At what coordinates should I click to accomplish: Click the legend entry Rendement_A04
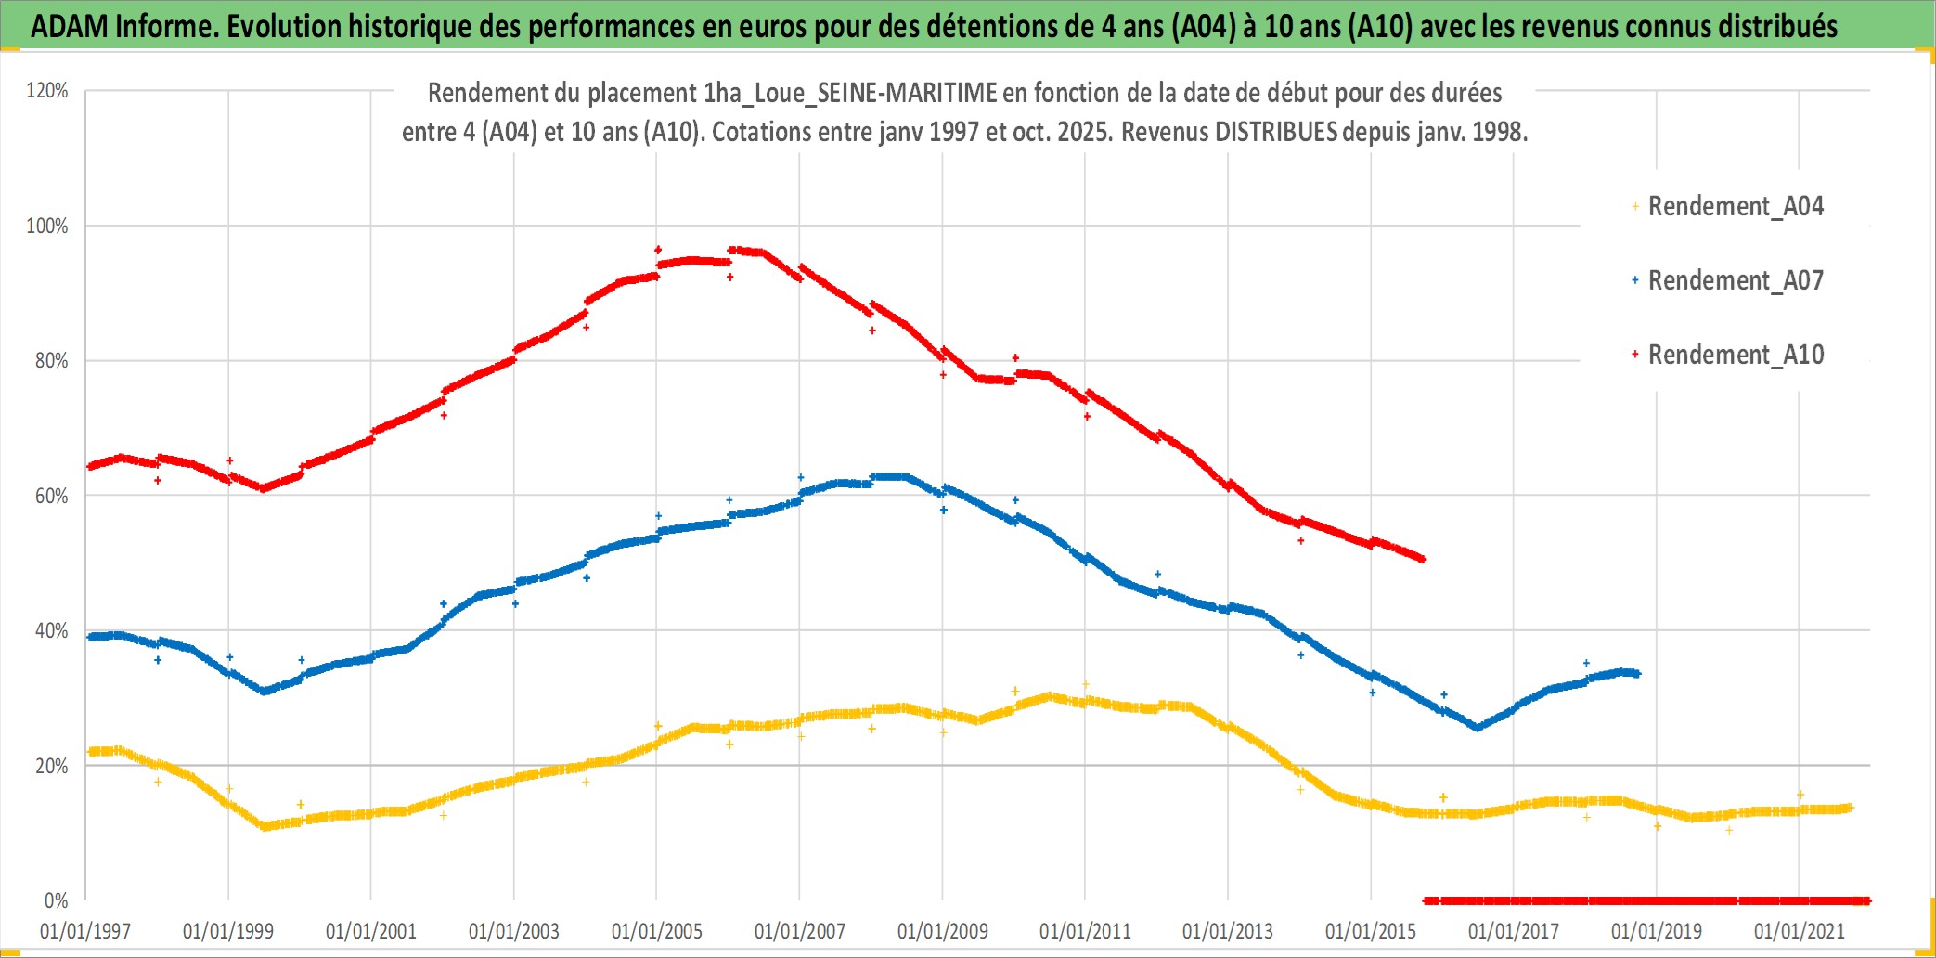tap(1735, 206)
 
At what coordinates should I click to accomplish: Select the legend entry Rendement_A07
tap(1735, 280)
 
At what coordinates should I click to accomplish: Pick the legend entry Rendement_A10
tap(1735, 355)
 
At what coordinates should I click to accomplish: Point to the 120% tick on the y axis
tap(47, 91)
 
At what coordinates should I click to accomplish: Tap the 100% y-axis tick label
tap(47, 226)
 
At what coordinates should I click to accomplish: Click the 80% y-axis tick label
tap(51, 360)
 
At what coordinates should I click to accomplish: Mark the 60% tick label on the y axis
tap(51, 496)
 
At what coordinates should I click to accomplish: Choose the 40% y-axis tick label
tap(51, 630)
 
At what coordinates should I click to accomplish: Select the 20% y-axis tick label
tap(51, 766)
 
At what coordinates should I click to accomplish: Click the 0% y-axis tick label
tap(56, 900)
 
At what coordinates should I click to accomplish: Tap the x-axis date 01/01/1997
tap(85, 931)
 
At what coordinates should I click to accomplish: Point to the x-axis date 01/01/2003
tap(514, 931)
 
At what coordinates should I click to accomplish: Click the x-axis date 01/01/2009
tap(943, 931)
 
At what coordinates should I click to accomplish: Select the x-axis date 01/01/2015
tap(1371, 931)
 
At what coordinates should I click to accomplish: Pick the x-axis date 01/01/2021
tap(1800, 931)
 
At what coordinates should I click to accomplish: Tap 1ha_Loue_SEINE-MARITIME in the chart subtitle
tap(850, 93)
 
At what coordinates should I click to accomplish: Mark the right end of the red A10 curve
tap(1423, 559)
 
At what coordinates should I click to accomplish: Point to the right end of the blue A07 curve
tap(1637, 674)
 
